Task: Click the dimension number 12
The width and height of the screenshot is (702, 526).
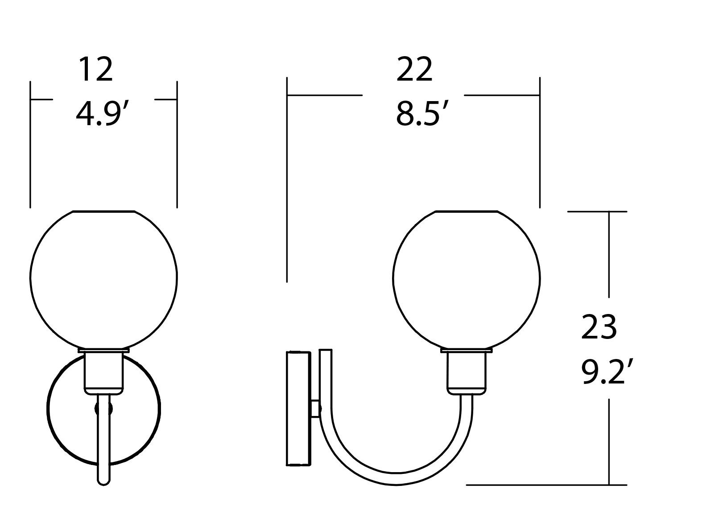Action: click(95, 70)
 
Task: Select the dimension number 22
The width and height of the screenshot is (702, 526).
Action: click(414, 70)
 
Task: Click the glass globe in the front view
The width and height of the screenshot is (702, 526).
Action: click(103, 278)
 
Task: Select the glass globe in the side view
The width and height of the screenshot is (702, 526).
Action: click(467, 278)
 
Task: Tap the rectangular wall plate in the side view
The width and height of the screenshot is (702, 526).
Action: click(298, 408)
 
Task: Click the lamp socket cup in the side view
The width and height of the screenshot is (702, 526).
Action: click(467, 372)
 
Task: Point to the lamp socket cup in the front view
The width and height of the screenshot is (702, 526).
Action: click(103, 372)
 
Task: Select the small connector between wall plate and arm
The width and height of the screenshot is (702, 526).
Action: click(315, 408)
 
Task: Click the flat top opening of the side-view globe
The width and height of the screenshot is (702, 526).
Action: click(467, 211)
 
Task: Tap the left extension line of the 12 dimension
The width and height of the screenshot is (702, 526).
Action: click(30, 143)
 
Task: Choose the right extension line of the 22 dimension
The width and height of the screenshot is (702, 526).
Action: click(540, 143)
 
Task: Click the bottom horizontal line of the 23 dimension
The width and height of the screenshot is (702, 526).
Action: click(546, 485)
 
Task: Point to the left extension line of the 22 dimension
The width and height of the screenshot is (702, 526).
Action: click(287, 178)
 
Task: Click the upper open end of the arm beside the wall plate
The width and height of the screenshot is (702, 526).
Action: click(326, 351)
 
